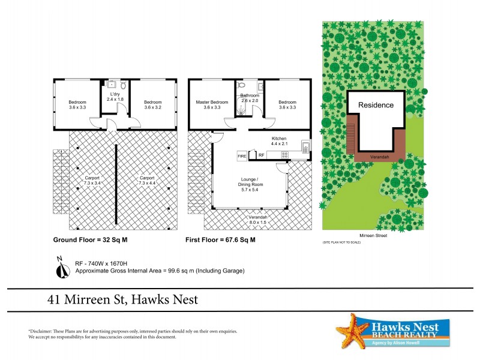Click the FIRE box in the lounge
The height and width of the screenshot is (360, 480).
coord(242,155)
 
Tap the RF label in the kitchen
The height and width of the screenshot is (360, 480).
coord(262,155)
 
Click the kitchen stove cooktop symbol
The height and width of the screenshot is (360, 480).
coord(284,155)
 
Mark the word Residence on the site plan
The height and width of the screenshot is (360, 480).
coord(376,105)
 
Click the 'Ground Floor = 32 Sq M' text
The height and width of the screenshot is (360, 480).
coord(89,239)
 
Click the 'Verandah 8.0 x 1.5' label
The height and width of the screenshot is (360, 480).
coord(258,219)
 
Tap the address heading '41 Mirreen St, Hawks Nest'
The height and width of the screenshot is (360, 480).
coord(123,299)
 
